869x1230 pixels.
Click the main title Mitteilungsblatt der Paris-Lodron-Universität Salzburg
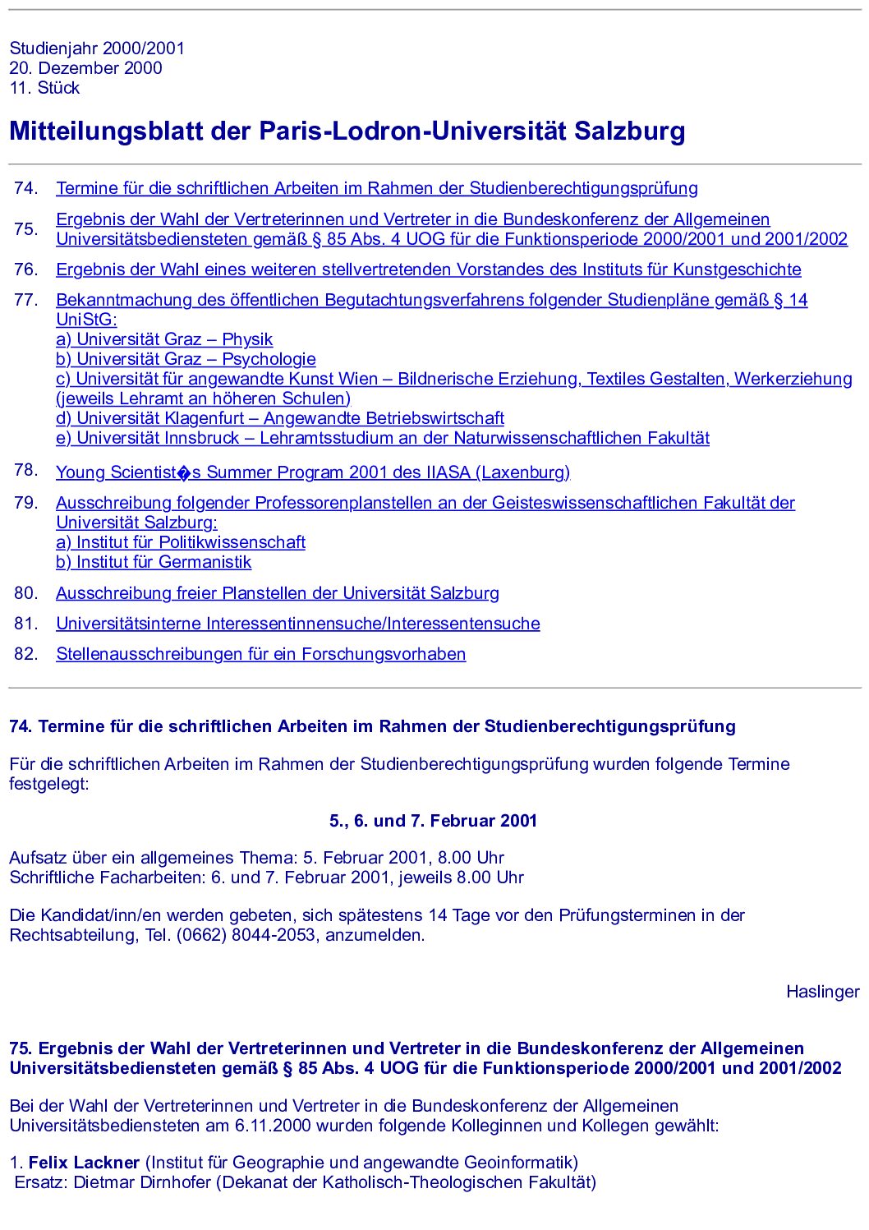[347, 131]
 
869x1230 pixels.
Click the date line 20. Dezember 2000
[85, 68]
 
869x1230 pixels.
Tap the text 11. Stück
[44, 88]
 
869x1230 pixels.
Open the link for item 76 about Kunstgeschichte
[428, 269]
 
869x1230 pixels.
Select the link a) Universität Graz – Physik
[164, 339]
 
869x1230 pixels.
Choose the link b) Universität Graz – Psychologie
[186, 359]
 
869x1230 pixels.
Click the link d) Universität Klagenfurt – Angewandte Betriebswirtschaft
[279, 418]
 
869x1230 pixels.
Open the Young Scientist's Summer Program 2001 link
[312, 472]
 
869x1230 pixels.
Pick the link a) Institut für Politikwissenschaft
[181, 542]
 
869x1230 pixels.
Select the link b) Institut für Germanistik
[154, 562]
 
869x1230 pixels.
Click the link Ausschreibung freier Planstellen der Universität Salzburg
[277, 593]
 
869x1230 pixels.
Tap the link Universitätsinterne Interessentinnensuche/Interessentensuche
[297, 624]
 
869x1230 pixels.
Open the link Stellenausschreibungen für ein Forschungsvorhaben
[260, 654]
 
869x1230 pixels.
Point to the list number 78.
[25, 470]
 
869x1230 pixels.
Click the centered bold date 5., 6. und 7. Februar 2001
[433, 821]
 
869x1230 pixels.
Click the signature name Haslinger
[822, 992]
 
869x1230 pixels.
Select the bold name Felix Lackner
[84, 1163]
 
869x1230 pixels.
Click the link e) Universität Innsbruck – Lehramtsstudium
[382, 438]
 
